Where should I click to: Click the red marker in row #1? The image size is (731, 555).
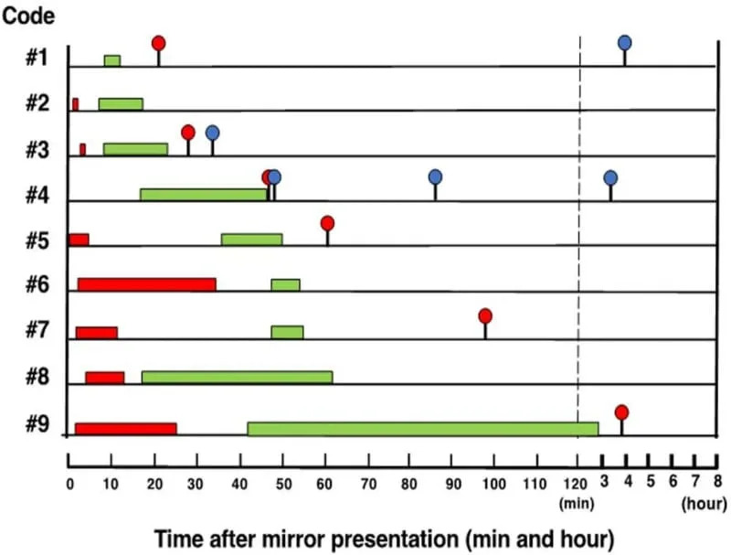click(158, 43)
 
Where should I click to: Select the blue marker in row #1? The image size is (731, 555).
click(625, 42)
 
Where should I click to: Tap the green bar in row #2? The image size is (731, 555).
click(121, 103)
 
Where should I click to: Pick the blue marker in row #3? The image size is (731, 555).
click(212, 133)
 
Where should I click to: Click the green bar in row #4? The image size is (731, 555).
click(204, 194)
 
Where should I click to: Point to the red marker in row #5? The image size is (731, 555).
click(327, 223)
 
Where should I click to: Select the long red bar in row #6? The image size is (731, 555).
click(146, 284)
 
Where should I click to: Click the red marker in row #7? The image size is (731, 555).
click(485, 315)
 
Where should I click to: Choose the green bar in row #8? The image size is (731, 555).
click(237, 377)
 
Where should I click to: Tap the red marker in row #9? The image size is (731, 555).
click(621, 412)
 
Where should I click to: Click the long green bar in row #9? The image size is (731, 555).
click(423, 428)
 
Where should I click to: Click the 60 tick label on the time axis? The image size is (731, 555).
click(324, 484)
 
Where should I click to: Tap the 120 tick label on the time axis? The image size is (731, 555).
click(577, 484)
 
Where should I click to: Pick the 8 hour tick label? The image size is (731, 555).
click(717, 482)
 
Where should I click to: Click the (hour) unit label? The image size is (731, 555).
click(705, 502)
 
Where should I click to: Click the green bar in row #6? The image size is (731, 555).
click(285, 284)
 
